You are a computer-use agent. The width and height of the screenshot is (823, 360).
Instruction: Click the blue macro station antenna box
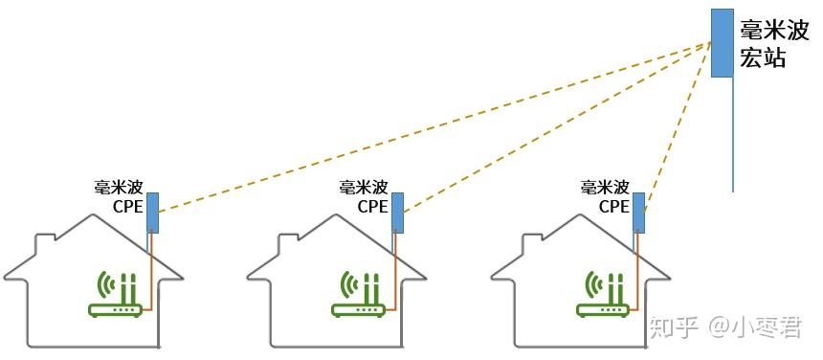[722, 43]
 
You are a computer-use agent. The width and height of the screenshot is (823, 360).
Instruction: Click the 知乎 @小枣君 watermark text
[725, 328]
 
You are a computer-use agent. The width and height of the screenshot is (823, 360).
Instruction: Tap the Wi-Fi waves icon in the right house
[591, 285]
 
